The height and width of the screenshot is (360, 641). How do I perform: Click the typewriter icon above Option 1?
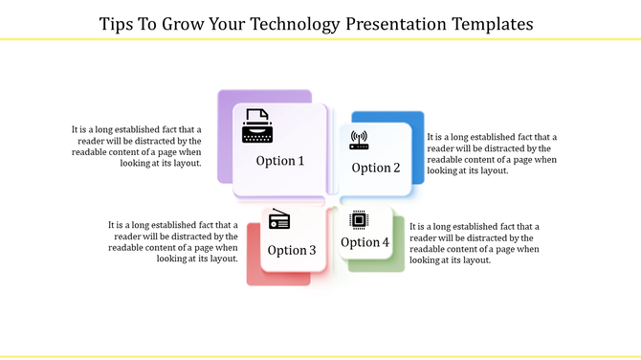256,126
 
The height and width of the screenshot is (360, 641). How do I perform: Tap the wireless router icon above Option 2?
360,141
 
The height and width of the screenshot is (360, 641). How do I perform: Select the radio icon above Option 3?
279,220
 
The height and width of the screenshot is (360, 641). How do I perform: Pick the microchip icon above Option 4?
360,219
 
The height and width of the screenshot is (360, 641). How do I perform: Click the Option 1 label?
280,161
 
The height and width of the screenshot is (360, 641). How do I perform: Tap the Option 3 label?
292,250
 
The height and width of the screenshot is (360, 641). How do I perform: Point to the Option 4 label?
365,242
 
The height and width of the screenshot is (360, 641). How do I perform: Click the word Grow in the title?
186,21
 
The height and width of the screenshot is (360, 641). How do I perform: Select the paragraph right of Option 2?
492,153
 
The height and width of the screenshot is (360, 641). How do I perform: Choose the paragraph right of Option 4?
475,242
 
